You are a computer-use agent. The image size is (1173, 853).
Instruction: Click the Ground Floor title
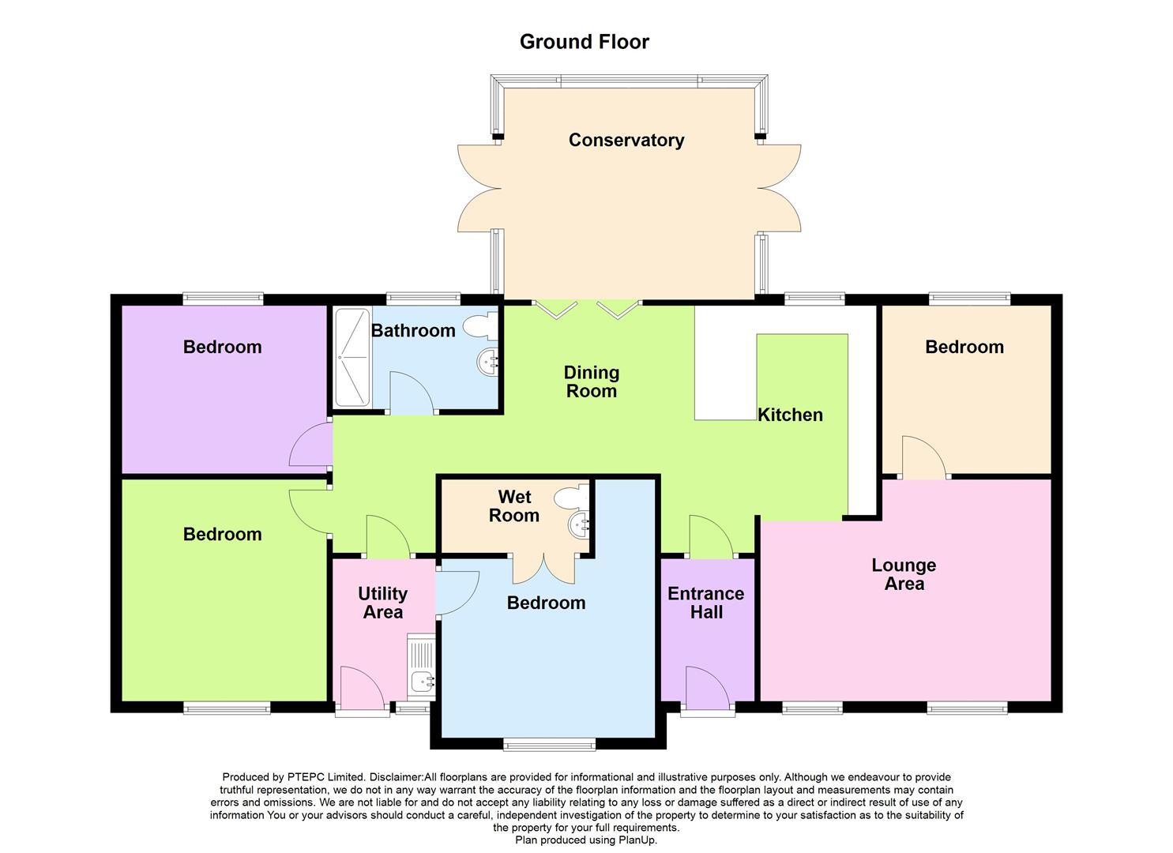pyautogui.click(x=584, y=42)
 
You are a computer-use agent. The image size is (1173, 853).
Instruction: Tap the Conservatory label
pyautogui.click(x=626, y=140)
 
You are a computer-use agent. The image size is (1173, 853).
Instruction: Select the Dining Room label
pyautogui.click(x=592, y=381)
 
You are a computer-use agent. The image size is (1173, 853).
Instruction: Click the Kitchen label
pyautogui.click(x=790, y=415)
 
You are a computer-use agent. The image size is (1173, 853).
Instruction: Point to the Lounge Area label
pyautogui.click(x=904, y=574)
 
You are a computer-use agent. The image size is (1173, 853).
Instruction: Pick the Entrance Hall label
pyautogui.click(x=706, y=603)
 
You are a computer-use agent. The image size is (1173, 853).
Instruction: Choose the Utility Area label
pyautogui.click(x=382, y=603)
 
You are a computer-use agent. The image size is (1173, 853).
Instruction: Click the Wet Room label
pyautogui.click(x=514, y=506)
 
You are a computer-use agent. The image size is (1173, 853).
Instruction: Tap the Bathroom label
pyautogui.click(x=413, y=330)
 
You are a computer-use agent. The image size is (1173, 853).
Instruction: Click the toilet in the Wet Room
pyautogui.click(x=570, y=497)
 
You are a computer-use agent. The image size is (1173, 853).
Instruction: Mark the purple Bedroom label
pyautogui.click(x=222, y=347)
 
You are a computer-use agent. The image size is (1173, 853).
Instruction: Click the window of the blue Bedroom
pyautogui.click(x=550, y=744)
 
